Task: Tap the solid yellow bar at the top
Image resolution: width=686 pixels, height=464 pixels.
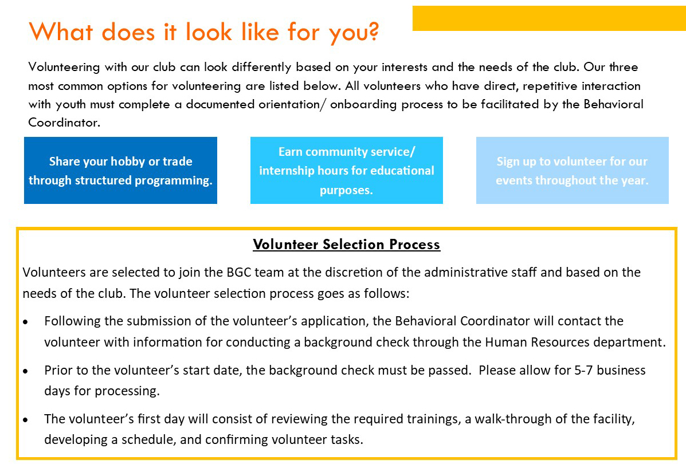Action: tap(549, 18)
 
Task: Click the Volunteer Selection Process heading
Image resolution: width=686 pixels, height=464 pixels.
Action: tap(347, 245)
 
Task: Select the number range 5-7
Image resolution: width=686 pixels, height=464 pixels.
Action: tap(583, 371)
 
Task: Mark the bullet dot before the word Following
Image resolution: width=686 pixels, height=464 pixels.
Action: tap(26, 322)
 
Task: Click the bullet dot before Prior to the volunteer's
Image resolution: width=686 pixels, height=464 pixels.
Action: tap(26, 371)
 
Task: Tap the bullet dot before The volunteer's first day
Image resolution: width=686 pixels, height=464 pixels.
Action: tap(26, 420)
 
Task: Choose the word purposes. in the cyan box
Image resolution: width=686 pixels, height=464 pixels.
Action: tap(346, 191)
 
